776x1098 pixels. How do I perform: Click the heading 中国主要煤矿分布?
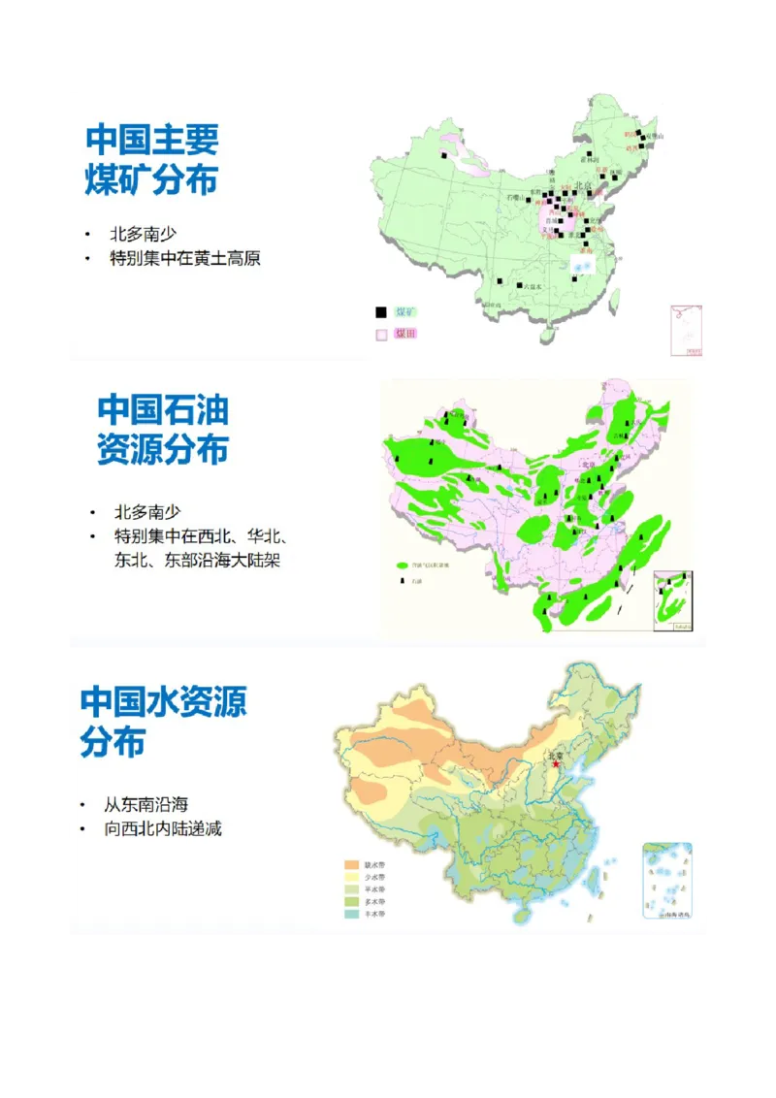tap(152, 160)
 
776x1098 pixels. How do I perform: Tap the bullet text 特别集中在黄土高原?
tap(185, 259)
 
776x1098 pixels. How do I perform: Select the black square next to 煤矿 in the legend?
tap(381, 312)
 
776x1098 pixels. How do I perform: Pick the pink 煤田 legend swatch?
tap(381, 335)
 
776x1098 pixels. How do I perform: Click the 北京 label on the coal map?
tap(583, 186)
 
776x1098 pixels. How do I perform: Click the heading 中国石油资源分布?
tap(163, 430)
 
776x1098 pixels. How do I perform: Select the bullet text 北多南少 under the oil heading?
tap(147, 512)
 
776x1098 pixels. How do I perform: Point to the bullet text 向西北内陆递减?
tap(163, 829)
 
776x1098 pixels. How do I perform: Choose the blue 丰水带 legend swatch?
tap(352, 914)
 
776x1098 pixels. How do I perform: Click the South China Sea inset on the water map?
tap(667, 880)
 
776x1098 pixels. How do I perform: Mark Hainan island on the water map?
tap(522, 915)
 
